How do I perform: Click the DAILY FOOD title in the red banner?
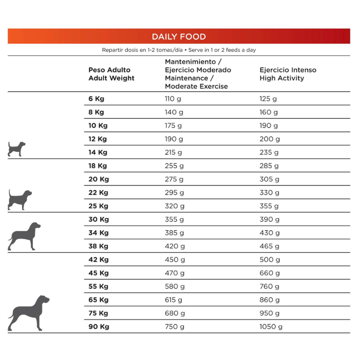click(x=179, y=37)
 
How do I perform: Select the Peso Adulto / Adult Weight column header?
click(x=111, y=74)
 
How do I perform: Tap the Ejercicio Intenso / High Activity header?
click(x=288, y=74)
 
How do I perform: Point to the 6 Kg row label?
click(x=96, y=99)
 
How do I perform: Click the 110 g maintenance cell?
click(x=174, y=99)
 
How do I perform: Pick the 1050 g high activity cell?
click(x=271, y=327)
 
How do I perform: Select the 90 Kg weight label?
click(x=98, y=327)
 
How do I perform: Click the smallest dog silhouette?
click(x=17, y=148)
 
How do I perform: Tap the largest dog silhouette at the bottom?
click(x=28, y=313)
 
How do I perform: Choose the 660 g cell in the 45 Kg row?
click(x=270, y=273)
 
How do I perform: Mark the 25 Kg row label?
click(x=98, y=206)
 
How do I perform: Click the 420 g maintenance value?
click(x=175, y=246)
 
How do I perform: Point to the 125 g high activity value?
click(x=268, y=99)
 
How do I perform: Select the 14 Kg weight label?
click(x=98, y=153)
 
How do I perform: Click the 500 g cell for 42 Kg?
click(x=270, y=260)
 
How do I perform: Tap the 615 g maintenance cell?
click(x=174, y=300)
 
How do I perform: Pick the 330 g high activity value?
click(x=270, y=193)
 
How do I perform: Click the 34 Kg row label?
click(x=98, y=233)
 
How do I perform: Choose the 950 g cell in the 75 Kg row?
click(x=270, y=313)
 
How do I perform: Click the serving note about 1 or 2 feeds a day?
click(x=179, y=50)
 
